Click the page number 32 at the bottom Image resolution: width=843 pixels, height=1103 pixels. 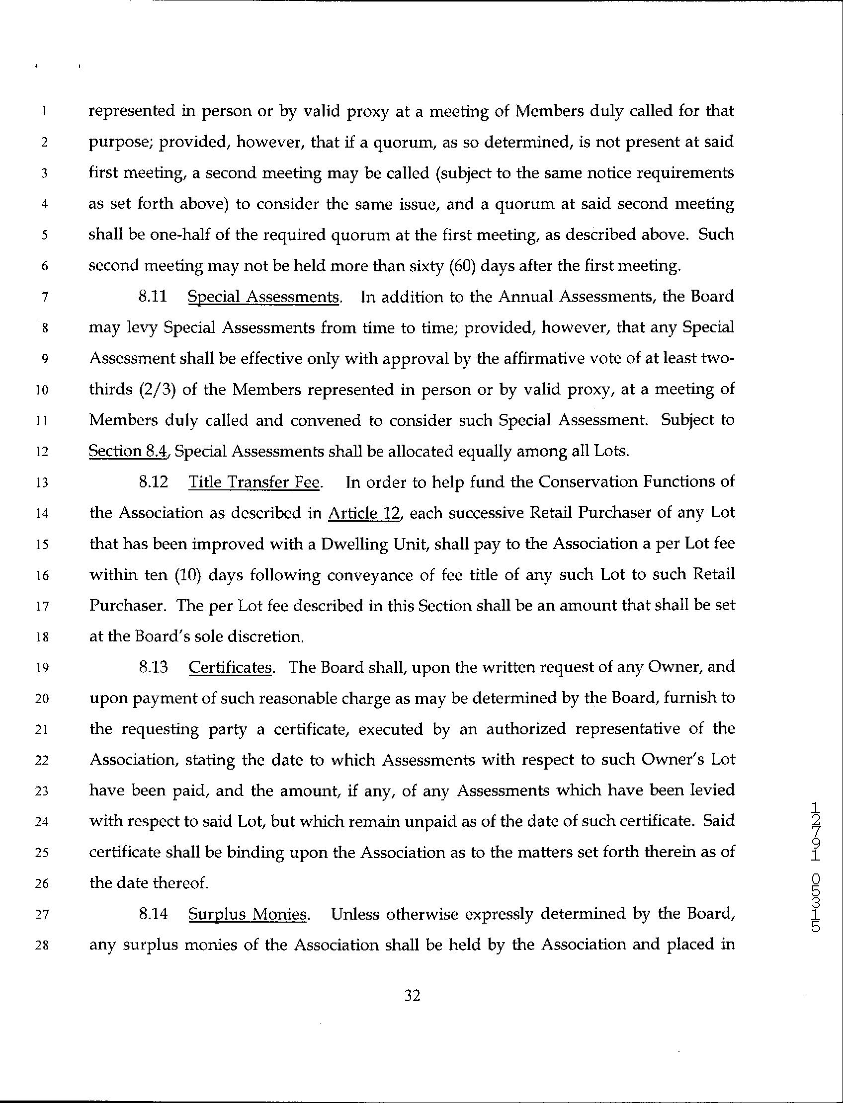coord(412,996)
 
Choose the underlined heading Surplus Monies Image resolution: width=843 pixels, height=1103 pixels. coord(248,914)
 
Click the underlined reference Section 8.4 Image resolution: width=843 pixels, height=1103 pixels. coord(128,452)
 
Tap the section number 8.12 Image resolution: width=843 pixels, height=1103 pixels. coord(153,482)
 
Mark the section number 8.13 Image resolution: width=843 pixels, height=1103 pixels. coord(153,668)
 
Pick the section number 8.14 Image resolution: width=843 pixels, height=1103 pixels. coord(153,914)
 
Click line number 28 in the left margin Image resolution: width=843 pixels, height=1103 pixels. coord(44,946)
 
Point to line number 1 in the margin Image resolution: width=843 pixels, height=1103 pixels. coord(45,112)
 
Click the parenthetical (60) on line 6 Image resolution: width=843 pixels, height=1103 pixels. coord(461,265)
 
